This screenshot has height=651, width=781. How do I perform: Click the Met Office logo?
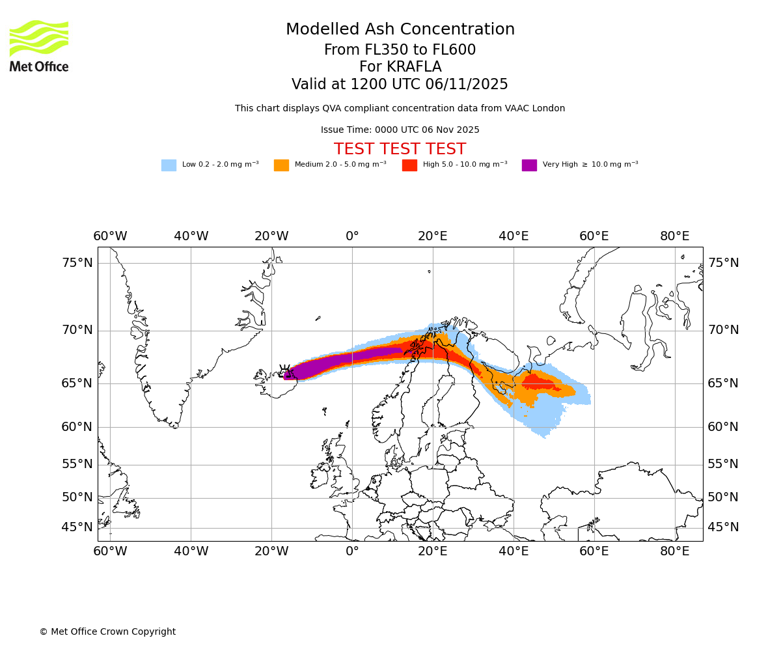pyautogui.click(x=39, y=46)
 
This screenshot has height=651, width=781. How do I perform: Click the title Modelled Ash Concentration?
pyautogui.click(x=400, y=30)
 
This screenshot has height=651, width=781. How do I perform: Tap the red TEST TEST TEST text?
pyautogui.click(x=400, y=149)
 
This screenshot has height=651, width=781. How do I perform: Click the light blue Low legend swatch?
pyautogui.click(x=169, y=165)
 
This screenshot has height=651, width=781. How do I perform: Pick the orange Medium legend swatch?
pyautogui.click(x=281, y=165)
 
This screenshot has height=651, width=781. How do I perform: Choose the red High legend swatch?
pyautogui.click(x=409, y=165)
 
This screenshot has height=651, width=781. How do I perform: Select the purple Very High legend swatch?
pyautogui.click(x=529, y=165)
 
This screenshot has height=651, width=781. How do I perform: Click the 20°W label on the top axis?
pyautogui.click(x=271, y=236)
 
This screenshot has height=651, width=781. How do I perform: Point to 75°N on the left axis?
pyautogui.click(x=77, y=263)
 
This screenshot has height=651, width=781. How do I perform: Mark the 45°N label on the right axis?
pyautogui.click(x=723, y=527)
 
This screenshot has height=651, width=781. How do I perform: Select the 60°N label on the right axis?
pyautogui.click(x=723, y=427)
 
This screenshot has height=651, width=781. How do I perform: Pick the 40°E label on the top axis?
pyautogui.click(x=514, y=236)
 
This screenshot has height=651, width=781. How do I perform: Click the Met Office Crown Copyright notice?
pyautogui.click(x=107, y=631)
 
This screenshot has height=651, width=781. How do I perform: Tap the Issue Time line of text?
pyautogui.click(x=400, y=130)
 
